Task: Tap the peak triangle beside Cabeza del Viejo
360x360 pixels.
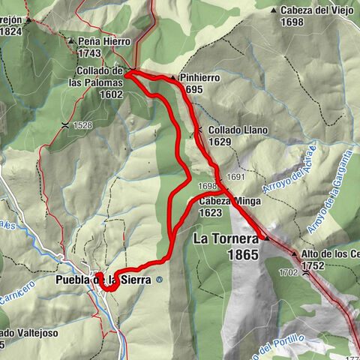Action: click(x=274, y=10)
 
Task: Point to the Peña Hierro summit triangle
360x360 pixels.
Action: click(x=70, y=42)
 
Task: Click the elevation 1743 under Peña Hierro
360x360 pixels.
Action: click(x=89, y=53)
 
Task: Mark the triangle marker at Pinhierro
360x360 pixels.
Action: click(x=172, y=77)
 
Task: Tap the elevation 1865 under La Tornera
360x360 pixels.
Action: click(x=244, y=256)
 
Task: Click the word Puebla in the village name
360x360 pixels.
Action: click(x=73, y=280)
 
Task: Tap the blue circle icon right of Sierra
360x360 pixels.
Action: click(x=159, y=280)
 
